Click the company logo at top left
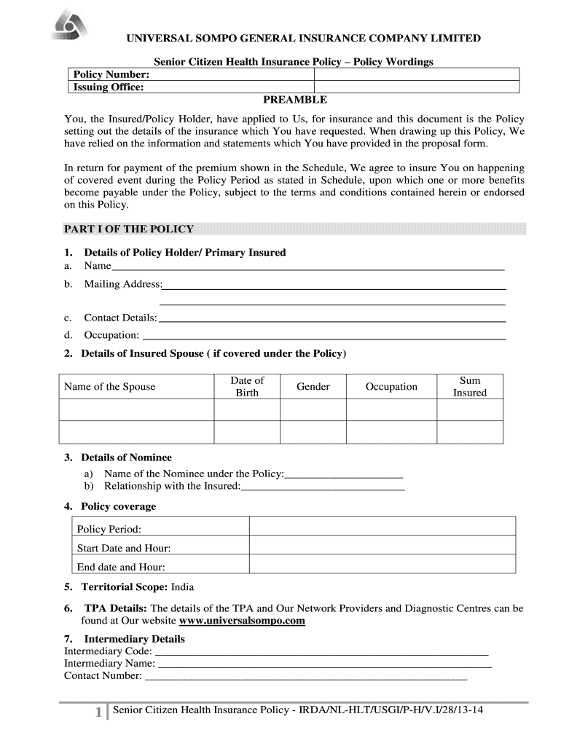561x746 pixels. click(x=71, y=28)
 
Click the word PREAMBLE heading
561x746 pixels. click(x=294, y=100)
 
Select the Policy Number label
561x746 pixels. click(x=111, y=74)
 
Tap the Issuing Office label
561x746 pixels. click(x=108, y=87)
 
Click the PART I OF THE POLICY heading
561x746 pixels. click(x=129, y=229)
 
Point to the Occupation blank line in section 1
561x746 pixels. click(x=323, y=337)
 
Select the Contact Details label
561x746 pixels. click(x=120, y=318)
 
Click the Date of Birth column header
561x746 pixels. click(x=246, y=386)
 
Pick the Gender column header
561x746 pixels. click(x=313, y=386)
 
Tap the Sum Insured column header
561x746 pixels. click(x=470, y=386)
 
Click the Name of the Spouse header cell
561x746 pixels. click(x=110, y=386)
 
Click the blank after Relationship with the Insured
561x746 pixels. click(x=322, y=487)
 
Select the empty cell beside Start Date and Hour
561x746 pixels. click(x=382, y=548)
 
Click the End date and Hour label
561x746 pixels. click(x=121, y=567)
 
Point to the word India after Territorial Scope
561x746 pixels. click(x=183, y=586)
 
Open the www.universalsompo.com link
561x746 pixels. click(x=242, y=621)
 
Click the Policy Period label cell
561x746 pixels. click(x=109, y=529)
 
